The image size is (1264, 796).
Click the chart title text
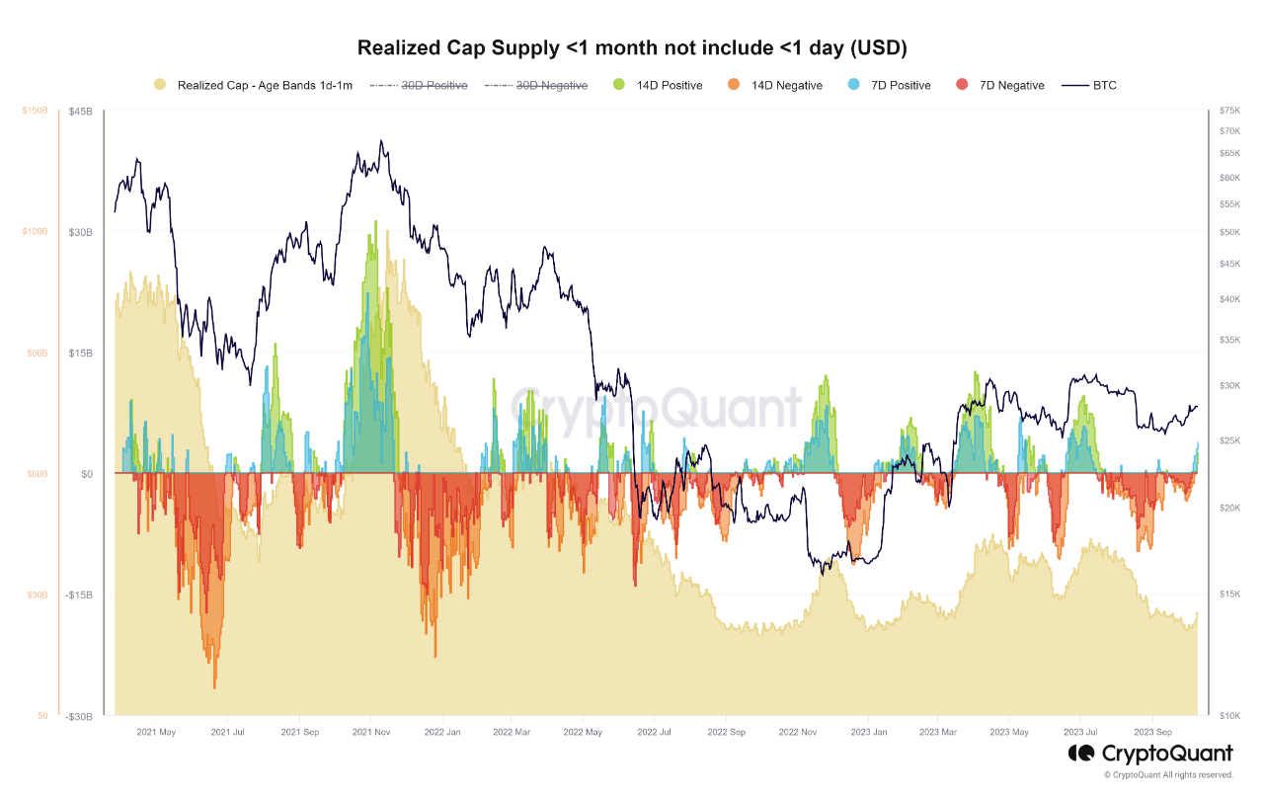[x=632, y=47]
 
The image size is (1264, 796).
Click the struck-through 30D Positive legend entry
[x=419, y=86]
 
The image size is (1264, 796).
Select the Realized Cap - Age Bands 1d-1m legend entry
[x=254, y=86]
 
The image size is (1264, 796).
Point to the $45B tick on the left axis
[x=81, y=112]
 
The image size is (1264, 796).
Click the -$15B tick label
[x=79, y=596]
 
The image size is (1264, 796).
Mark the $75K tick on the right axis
[x=1229, y=112]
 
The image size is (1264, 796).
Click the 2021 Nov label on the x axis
[x=371, y=733]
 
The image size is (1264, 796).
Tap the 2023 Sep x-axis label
[x=1151, y=733]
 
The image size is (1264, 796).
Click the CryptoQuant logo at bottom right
[x=1150, y=755]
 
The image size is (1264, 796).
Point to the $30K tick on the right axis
[x=1229, y=385]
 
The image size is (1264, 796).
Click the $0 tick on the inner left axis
[x=87, y=474]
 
